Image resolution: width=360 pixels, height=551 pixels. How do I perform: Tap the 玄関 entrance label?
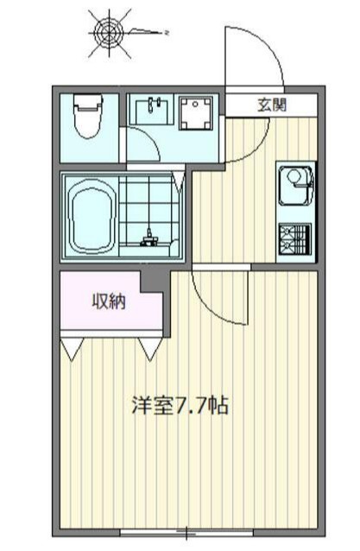271,104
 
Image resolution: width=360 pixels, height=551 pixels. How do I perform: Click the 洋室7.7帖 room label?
179,405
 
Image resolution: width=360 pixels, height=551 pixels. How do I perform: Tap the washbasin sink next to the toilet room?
153,111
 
